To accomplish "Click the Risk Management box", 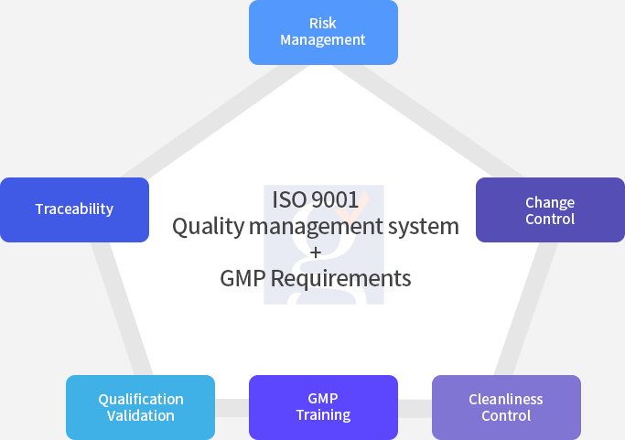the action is tap(323, 32).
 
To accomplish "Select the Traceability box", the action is tap(74, 209).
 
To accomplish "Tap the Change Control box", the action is tap(551, 209).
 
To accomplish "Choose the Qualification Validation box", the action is tap(140, 407).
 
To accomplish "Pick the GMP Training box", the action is tap(323, 407).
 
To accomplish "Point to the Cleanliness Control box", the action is tap(506, 407).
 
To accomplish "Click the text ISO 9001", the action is tap(316, 199).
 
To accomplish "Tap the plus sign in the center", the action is tap(316, 252).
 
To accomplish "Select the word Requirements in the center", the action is tap(340, 278).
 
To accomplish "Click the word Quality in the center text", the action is tap(208, 227).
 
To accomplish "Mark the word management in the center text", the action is tap(316, 227).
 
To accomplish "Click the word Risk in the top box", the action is tap(323, 24).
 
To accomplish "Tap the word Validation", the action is tap(141, 415).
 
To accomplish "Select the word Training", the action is tap(323, 415).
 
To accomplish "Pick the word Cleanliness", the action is tap(506, 400).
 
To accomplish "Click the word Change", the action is tap(550, 203).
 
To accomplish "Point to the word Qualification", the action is tap(141, 400).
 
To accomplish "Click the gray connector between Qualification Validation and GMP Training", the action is tap(232, 408).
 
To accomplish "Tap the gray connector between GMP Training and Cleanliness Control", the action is tap(415, 408).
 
